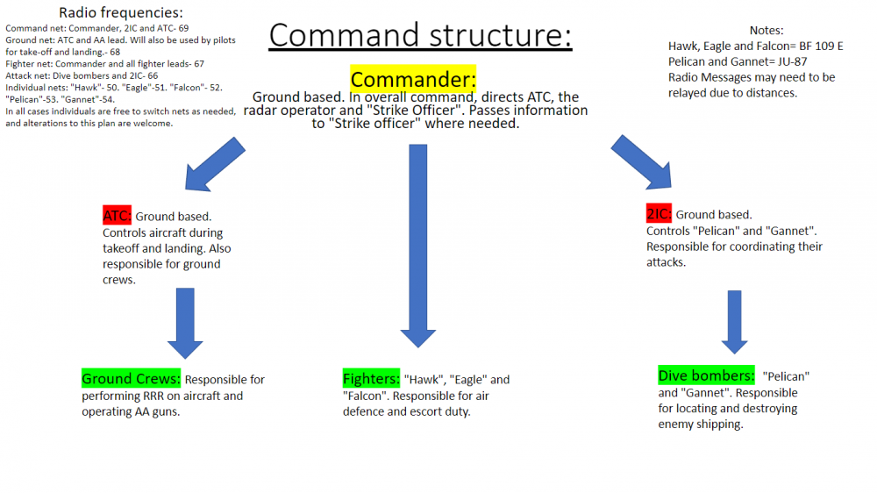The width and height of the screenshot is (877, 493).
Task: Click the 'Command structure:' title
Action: (x=420, y=34)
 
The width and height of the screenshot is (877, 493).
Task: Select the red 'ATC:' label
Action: (x=117, y=216)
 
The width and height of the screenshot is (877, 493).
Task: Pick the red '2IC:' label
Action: (x=659, y=214)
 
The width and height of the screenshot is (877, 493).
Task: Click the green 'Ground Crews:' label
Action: (x=132, y=380)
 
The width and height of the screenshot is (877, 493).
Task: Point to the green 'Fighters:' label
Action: (x=371, y=380)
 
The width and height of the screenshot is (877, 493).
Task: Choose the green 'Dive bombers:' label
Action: (x=705, y=376)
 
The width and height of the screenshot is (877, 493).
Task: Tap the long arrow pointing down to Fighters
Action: (x=417, y=246)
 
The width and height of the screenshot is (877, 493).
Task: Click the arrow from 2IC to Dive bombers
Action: (x=734, y=321)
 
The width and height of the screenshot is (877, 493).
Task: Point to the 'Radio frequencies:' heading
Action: (x=121, y=12)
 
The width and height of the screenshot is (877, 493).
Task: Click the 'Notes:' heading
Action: (x=766, y=30)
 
